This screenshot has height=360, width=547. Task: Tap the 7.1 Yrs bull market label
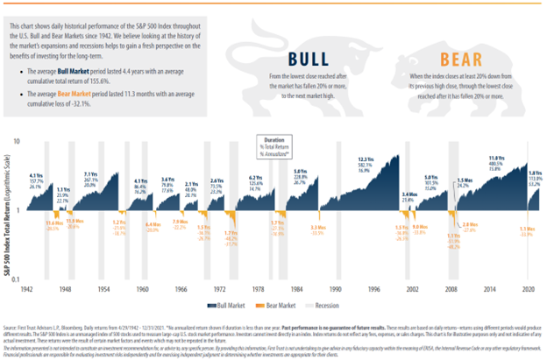click(x=89, y=174)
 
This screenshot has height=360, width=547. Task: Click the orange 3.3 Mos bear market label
click(x=317, y=229)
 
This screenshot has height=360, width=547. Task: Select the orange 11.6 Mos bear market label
click(x=53, y=224)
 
